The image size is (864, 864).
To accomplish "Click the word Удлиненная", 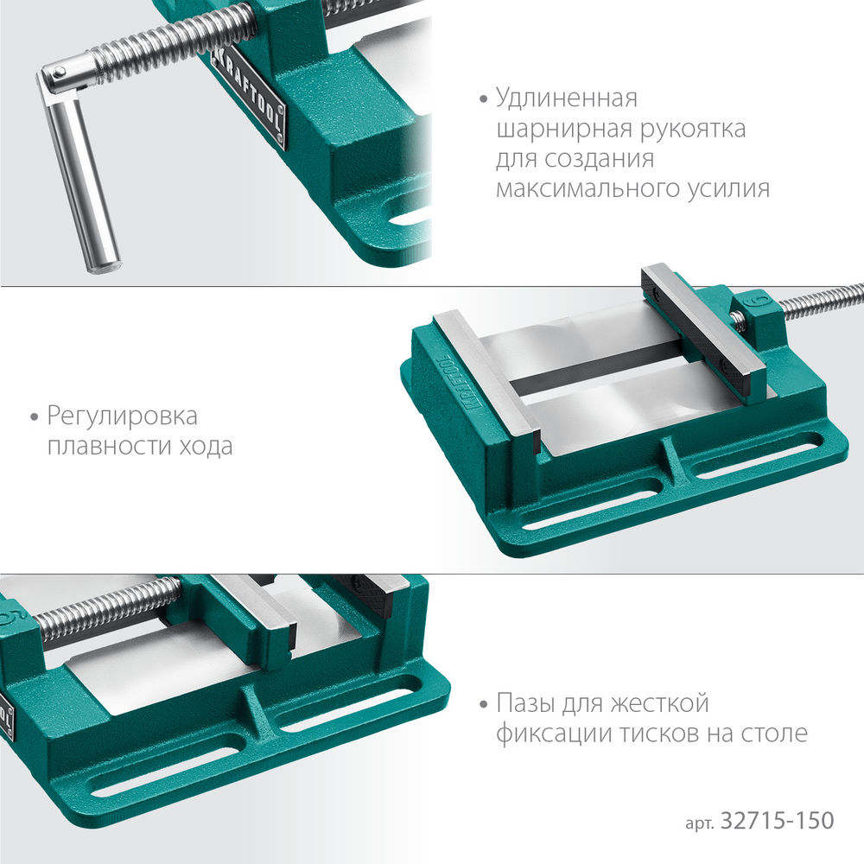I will point(567,98).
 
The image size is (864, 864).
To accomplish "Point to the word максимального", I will point(586,188).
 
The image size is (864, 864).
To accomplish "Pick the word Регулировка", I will point(122,417).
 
